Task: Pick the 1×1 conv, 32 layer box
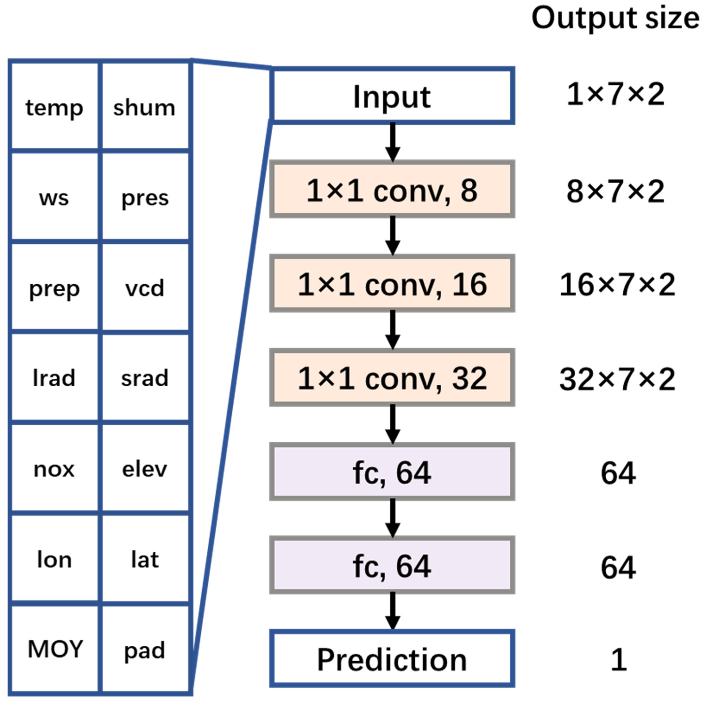pos(392,378)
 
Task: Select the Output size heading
pos(615,18)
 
